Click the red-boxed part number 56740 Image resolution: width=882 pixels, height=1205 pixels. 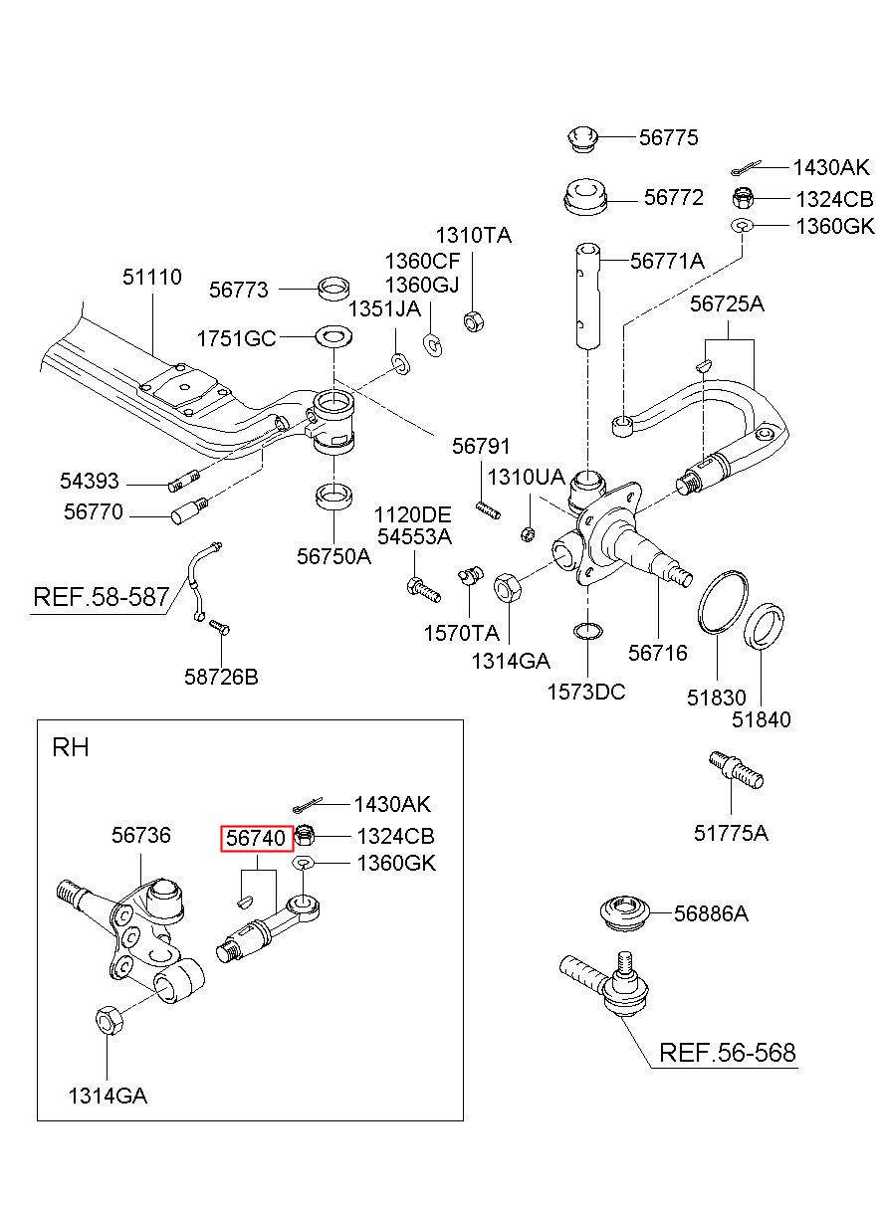click(256, 838)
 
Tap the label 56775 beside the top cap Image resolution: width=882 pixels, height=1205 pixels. click(668, 137)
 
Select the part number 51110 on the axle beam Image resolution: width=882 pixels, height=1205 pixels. click(152, 277)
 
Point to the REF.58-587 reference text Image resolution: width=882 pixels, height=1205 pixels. click(102, 597)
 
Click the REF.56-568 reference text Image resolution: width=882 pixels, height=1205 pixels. click(727, 1053)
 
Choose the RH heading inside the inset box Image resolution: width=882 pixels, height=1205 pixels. click(71, 747)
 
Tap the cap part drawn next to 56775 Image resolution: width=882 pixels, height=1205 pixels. click(583, 138)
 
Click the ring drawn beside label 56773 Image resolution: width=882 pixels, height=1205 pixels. click(333, 289)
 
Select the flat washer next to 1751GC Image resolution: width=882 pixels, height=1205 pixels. click(334, 336)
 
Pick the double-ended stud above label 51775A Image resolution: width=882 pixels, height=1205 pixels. click(736, 770)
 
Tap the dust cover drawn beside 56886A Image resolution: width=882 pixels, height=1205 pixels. click(625, 913)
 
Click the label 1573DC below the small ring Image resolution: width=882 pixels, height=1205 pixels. click(586, 692)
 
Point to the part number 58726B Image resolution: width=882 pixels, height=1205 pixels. click(221, 677)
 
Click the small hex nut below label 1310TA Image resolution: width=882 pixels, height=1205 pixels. click(473, 320)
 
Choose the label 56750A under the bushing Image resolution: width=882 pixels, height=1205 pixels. click(334, 556)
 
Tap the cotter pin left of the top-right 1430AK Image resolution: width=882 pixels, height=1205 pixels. click(746, 168)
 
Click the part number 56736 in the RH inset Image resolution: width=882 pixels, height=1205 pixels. click(141, 835)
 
